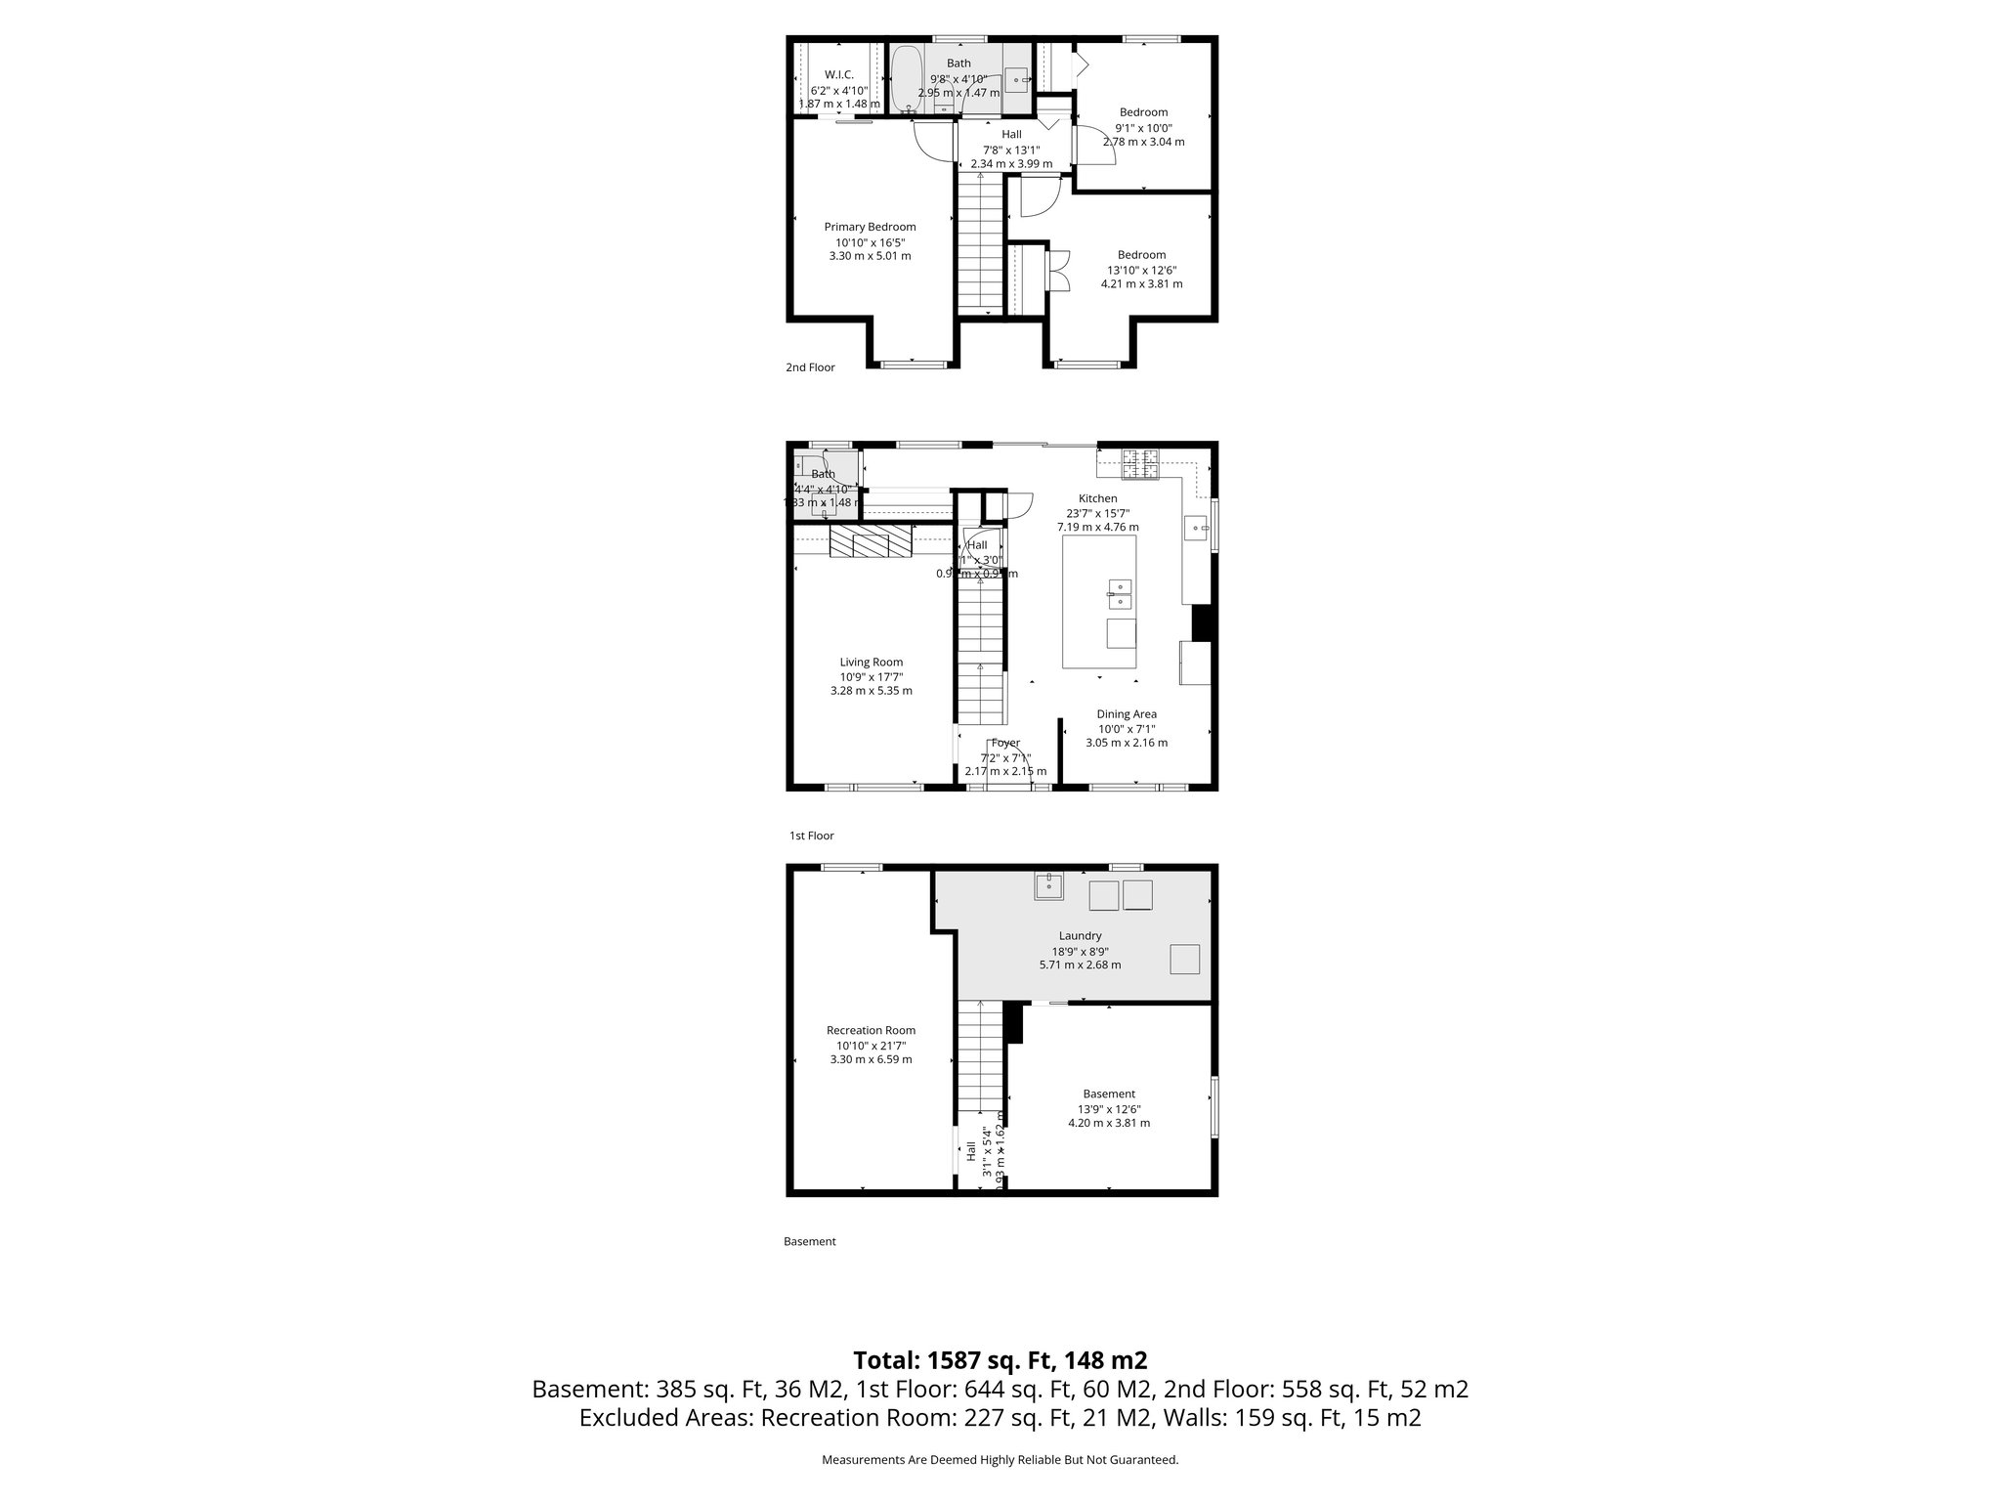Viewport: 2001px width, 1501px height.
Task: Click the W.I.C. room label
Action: (x=838, y=74)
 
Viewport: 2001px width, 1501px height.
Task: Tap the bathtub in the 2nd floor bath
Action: (x=908, y=76)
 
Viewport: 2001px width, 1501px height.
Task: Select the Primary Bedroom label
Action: (x=870, y=227)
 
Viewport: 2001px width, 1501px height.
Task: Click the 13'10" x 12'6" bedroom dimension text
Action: (x=1141, y=270)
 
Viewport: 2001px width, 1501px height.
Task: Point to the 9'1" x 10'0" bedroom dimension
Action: (x=1143, y=127)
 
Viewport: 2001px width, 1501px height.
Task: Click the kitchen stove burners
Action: (x=1139, y=464)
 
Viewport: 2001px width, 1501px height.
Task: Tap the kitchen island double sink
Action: (x=1120, y=593)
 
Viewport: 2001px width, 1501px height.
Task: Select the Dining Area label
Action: (x=1126, y=714)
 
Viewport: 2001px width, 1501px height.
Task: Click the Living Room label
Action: (x=871, y=662)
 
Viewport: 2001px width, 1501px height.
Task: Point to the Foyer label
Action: (x=1004, y=743)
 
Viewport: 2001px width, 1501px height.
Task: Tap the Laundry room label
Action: (x=1080, y=935)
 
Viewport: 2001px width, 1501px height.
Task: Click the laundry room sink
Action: (x=1049, y=886)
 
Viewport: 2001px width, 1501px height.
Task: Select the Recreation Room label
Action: (x=871, y=1030)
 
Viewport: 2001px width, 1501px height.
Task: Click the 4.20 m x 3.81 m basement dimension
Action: (x=1108, y=1123)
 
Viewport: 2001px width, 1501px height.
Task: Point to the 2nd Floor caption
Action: (x=810, y=367)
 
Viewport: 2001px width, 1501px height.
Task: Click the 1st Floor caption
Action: (x=811, y=836)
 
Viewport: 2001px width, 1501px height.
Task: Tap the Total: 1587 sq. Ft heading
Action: (x=1000, y=1360)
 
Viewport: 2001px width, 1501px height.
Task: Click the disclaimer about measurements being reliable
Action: (x=1000, y=1459)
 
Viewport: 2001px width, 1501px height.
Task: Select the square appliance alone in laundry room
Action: (x=1185, y=960)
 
